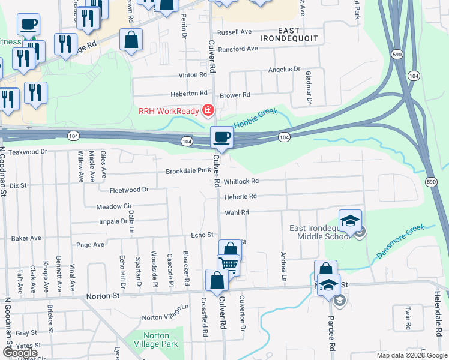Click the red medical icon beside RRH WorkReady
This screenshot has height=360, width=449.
208,110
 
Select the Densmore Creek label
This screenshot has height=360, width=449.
400,241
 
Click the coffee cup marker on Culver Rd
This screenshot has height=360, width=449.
221,138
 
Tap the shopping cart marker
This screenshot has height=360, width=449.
228,265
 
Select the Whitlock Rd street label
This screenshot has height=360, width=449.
241,181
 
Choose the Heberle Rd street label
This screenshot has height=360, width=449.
240,196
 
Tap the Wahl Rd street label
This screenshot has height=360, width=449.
237,212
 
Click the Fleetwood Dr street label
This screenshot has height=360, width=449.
129,190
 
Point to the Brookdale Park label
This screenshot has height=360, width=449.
188,171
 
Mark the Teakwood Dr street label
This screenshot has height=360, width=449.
28,152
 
